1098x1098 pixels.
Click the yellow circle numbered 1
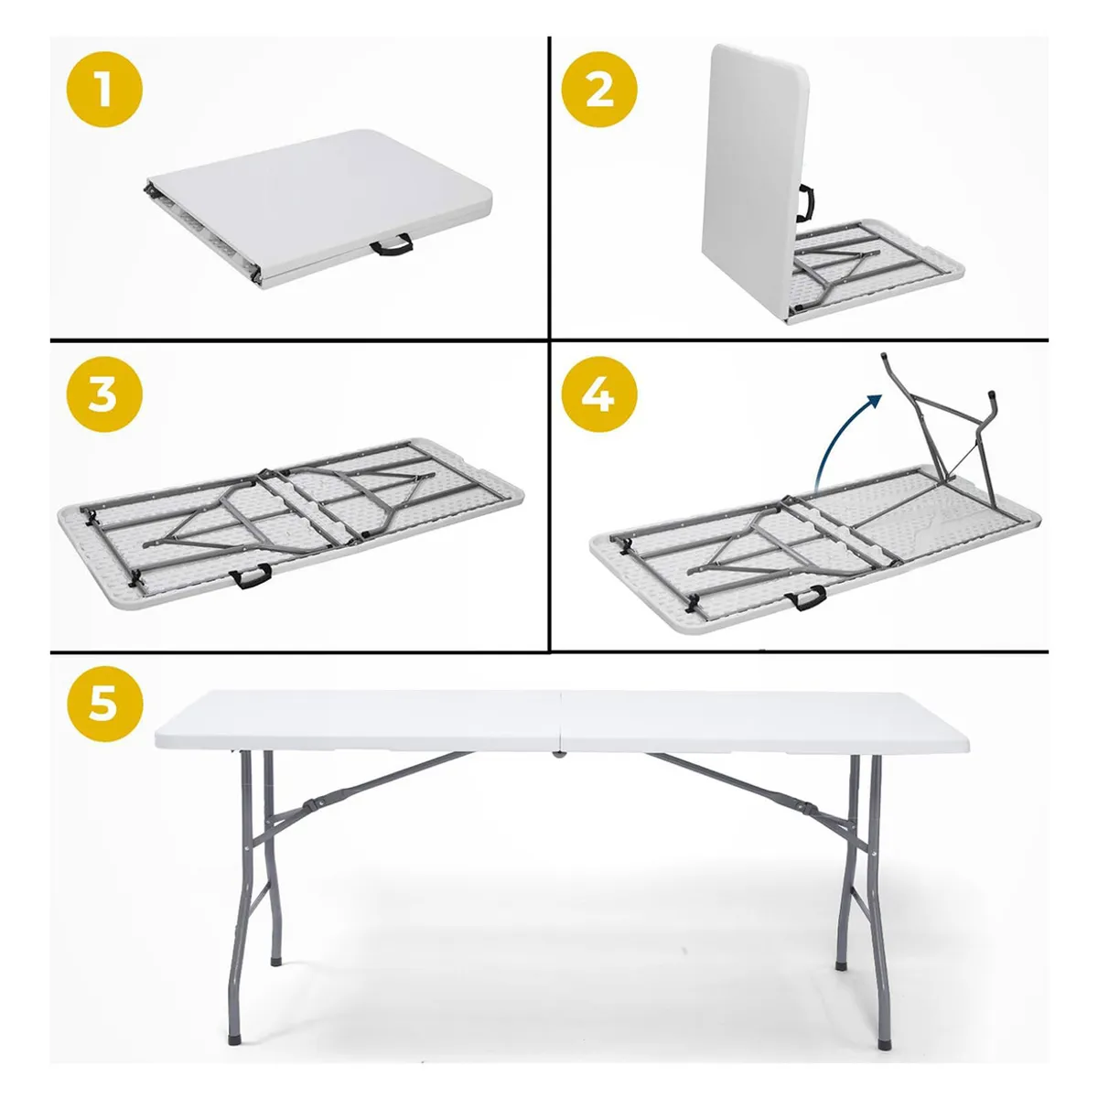coord(103,91)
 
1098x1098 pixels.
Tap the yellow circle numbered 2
coord(598,91)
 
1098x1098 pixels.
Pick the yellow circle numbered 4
coord(598,396)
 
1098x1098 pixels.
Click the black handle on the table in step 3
coord(253,576)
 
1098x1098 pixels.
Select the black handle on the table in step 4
coord(805,597)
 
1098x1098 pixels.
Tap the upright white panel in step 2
coord(750,165)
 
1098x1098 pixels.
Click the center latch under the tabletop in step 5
coord(556,756)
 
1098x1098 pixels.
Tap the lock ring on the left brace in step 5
coord(312,805)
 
